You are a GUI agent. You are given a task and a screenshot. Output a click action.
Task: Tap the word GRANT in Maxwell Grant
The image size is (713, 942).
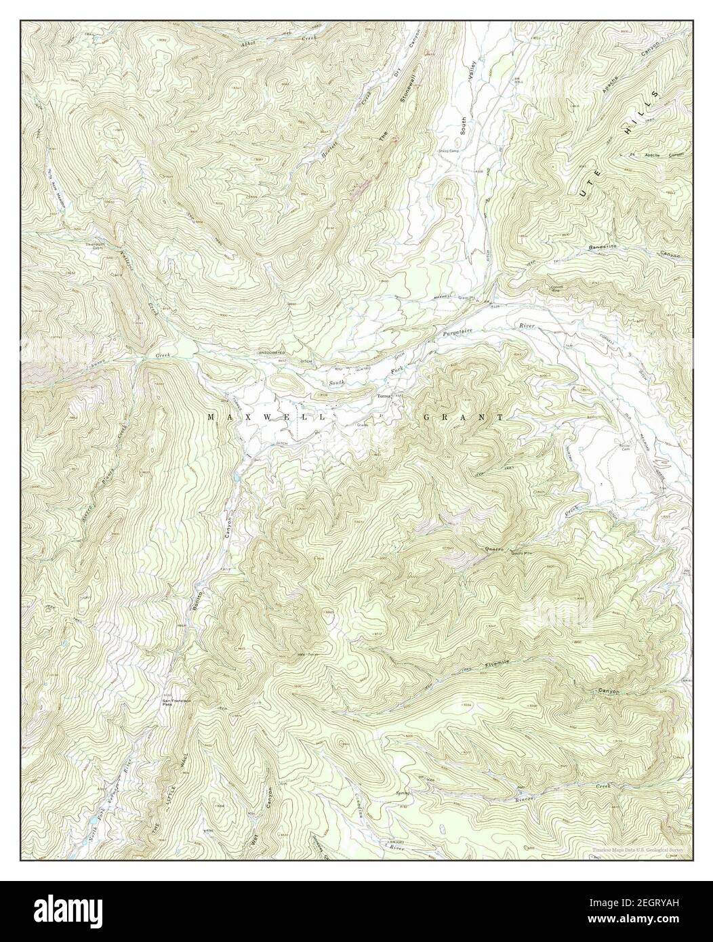[x=464, y=417]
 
